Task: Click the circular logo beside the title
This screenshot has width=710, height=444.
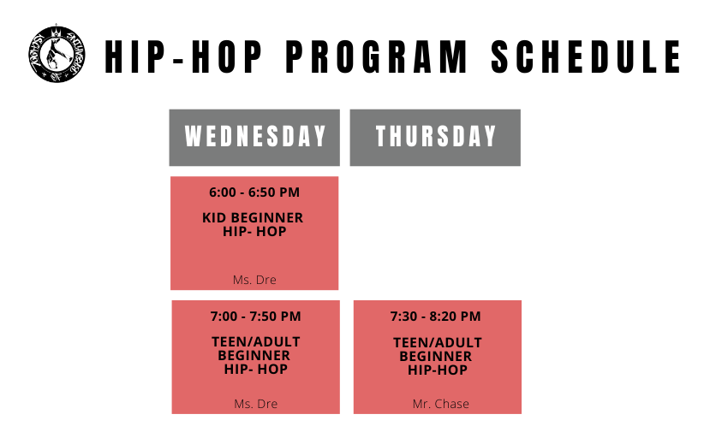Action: (x=57, y=54)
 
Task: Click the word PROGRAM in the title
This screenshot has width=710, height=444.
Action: (x=376, y=56)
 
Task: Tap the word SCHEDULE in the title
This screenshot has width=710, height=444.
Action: (x=586, y=56)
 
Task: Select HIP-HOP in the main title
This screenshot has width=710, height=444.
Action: (x=183, y=56)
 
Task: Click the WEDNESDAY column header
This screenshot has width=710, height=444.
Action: (x=254, y=138)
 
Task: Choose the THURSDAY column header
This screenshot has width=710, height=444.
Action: (x=435, y=138)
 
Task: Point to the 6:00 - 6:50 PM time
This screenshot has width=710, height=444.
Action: (x=254, y=192)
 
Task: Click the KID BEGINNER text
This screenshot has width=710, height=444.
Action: (x=253, y=217)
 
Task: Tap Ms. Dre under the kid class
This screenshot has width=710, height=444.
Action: (x=254, y=280)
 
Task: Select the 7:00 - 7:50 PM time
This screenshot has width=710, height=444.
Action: (x=256, y=316)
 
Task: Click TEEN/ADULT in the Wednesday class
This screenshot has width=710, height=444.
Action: (x=256, y=342)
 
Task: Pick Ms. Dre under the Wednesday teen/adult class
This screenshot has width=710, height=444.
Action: (x=256, y=404)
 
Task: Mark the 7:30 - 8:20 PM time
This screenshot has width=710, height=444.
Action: (x=436, y=316)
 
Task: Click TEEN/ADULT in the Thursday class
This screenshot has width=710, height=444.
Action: (x=438, y=343)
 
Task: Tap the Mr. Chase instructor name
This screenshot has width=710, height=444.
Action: (x=440, y=404)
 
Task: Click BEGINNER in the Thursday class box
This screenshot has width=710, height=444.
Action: (x=436, y=356)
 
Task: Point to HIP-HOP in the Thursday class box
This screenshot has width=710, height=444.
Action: (x=438, y=370)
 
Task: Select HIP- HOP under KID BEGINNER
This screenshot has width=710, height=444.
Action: (x=254, y=232)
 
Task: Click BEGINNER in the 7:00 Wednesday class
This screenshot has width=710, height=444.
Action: (x=254, y=355)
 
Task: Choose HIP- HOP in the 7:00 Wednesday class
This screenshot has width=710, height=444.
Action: (x=256, y=369)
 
